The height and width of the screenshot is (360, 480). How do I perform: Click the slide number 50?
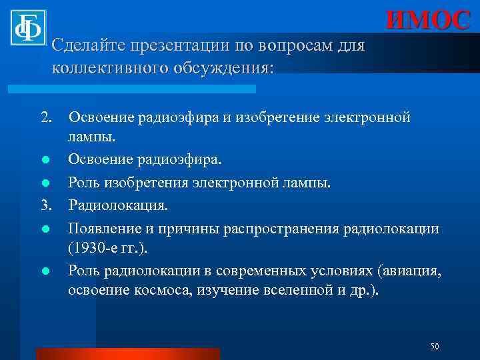(434, 345)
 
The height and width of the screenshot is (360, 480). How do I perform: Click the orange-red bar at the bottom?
(127, 353)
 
